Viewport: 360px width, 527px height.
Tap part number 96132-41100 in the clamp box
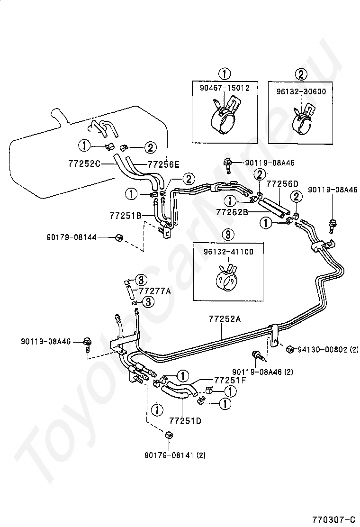[229, 252]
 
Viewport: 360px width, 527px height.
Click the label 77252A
[225, 319]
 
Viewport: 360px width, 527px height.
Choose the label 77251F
[230, 380]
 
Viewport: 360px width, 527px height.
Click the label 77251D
[182, 420]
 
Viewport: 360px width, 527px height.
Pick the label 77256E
[163, 165]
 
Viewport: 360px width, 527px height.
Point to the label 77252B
[232, 212]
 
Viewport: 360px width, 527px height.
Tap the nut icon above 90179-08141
[168, 435]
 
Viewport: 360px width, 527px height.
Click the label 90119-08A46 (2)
[263, 372]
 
